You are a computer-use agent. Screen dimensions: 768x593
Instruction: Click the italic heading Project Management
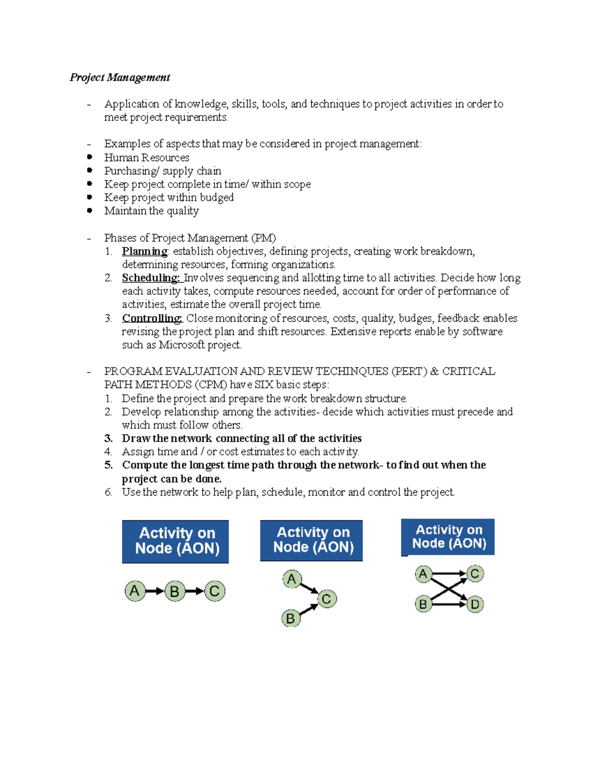click(x=120, y=77)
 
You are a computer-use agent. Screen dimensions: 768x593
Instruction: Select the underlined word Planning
click(x=144, y=251)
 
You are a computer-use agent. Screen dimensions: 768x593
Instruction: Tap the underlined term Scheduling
click(x=151, y=278)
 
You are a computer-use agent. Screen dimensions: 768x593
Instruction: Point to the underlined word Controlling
click(x=152, y=318)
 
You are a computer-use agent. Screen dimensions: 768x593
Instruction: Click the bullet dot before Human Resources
click(x=89, y=157)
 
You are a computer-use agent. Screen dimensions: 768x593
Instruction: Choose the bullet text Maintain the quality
click(x=151, y=211)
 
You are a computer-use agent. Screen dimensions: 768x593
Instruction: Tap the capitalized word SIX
click(x=264, y=385)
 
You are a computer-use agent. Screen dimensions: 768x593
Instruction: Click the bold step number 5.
click(x=108, y=465)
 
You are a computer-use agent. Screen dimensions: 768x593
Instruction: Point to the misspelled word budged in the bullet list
click(x=217, y=197)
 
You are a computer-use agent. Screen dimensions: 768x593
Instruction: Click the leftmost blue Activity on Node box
click(x=175, y=541)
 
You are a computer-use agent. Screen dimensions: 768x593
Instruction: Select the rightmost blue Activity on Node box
click(x=448, y=537)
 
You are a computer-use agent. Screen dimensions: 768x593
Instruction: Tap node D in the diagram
click(x=475, y=604)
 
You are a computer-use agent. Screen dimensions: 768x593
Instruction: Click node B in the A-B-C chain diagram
click(x=174, y=591)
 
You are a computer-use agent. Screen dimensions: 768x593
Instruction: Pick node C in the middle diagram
click(x=327, y=599)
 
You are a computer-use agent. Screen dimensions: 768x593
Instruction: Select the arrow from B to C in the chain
click(x=195, y=591)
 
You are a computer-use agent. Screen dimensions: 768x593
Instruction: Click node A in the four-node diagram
click(x=423, y=574)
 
